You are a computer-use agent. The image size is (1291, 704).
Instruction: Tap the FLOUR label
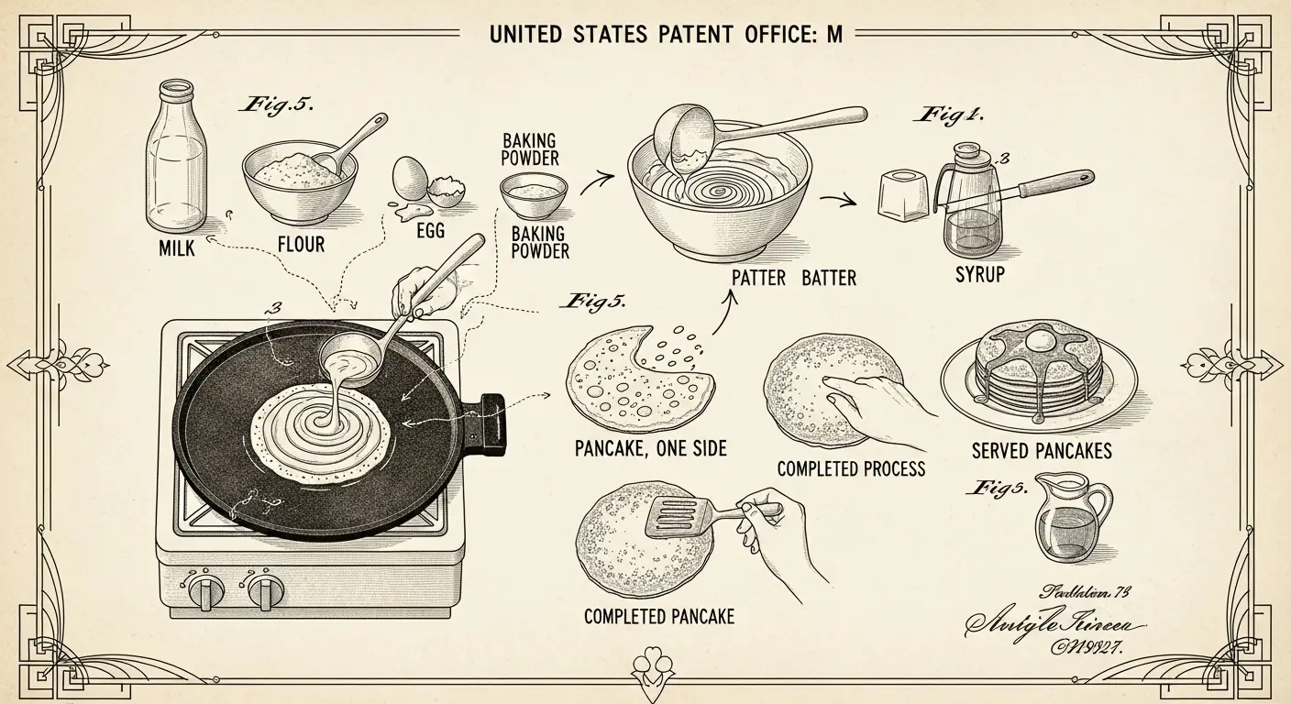click(301, 245)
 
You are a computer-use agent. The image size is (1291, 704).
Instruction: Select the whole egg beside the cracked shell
click(408, 179)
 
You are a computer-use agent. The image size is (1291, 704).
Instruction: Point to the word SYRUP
click(979, 273)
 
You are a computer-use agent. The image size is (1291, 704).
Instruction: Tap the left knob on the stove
click(204, 591)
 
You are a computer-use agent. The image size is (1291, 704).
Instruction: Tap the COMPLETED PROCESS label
click(851, 469)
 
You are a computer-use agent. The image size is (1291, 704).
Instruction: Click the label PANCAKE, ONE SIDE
click(650, 448)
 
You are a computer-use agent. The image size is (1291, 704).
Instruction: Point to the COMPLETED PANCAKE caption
click(659, 616)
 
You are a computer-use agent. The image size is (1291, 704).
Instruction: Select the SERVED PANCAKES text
click(1042, 450)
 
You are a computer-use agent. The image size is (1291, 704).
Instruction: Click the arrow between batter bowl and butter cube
click(836, 199)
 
